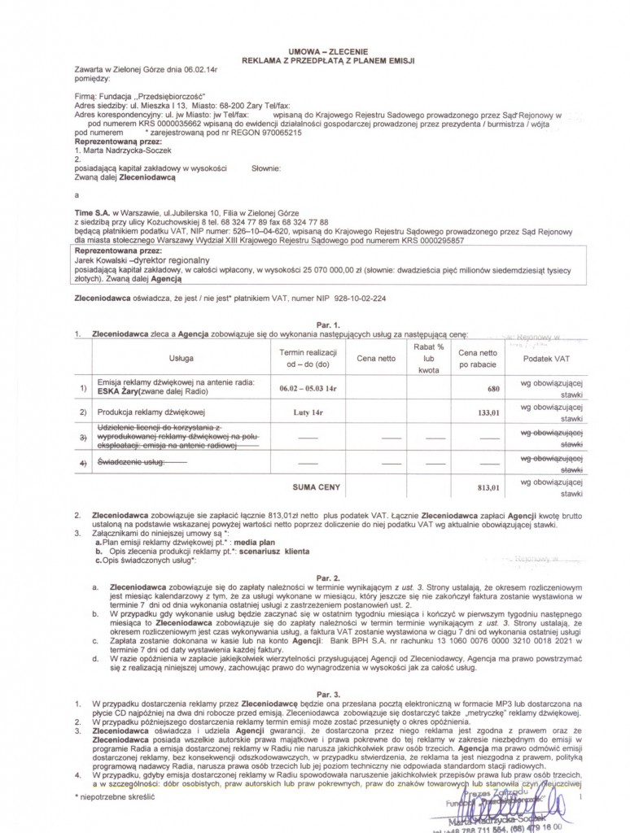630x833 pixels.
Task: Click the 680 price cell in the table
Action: pyautogui.click(x=492, y=389)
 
